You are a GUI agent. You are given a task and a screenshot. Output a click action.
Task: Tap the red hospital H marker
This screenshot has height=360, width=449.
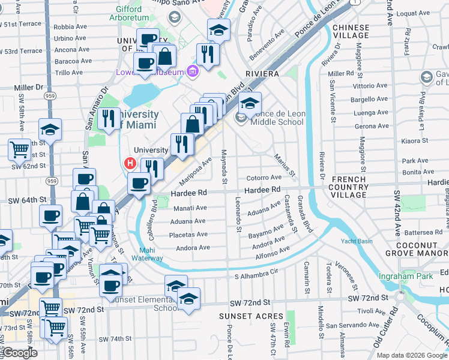pyautogui.click(x=129, y=163)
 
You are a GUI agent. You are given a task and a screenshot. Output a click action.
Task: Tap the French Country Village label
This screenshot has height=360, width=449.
pyautogui.click(x=349, y=187)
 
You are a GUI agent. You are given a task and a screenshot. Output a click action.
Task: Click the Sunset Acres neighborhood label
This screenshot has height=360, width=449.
pyautogui.click(x=251, y=316)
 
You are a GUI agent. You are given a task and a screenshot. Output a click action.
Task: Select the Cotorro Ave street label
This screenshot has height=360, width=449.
pyautogui.click(x=264, y=178)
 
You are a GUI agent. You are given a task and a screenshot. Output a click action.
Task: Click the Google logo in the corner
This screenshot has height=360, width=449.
pyautogui.click(x=20, y=353)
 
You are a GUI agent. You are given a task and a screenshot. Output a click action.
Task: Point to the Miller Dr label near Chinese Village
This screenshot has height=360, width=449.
pyautogui.click(x=341, y=73)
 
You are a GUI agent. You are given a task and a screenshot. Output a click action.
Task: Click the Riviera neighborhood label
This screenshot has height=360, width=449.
pyautogui.click(x=262, y=73)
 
